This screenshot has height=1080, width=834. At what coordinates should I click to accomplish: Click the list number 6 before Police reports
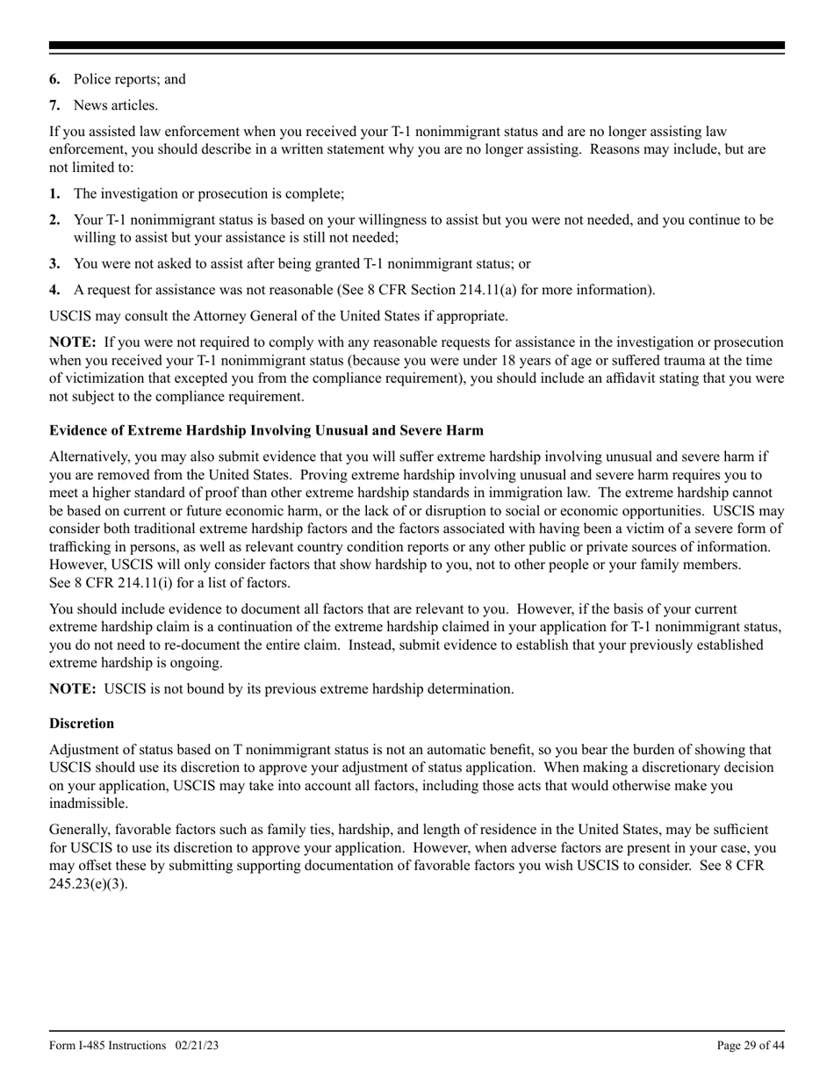(x=54, y=79)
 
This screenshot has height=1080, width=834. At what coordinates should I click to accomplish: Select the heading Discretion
(x=82, y=724)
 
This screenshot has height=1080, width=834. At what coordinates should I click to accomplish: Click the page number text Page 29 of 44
(x=750, y=1045)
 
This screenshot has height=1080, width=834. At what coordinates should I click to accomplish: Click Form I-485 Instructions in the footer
(x=108, y=1045)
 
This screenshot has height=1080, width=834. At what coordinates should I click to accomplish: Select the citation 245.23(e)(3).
(x=89, y=883)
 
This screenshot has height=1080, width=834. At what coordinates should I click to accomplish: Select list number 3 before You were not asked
(x=54, y=263)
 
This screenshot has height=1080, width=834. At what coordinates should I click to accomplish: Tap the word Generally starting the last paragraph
(x=80, y=829)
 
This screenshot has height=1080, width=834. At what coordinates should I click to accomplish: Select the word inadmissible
(x=88, y=803)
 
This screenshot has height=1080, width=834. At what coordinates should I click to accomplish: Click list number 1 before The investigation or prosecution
(x=54, y=193)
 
